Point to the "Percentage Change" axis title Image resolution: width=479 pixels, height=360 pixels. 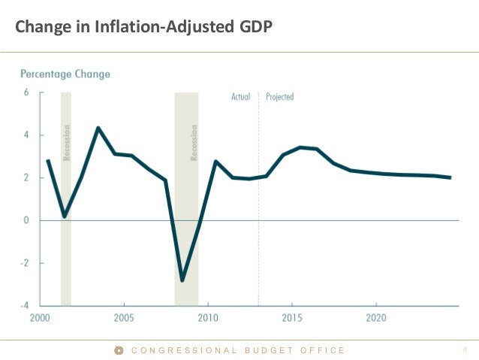coord(65,74)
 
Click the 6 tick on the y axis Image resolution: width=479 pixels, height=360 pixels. coord(26,92)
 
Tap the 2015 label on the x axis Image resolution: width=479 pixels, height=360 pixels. coord(291,318)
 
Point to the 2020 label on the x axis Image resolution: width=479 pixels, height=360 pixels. coord(375,318)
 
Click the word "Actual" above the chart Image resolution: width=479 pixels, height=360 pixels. coord(240,97)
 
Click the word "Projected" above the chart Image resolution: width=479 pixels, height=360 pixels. coord(279,97)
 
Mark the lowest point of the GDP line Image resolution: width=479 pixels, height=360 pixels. coord(182,280)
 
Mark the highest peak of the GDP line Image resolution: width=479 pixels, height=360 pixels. coord(98,128)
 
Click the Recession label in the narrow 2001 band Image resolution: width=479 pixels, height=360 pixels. coord(66,143)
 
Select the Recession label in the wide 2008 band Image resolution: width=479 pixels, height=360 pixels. coord(194,143)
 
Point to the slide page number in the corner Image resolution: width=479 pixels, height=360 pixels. coord(465,349)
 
